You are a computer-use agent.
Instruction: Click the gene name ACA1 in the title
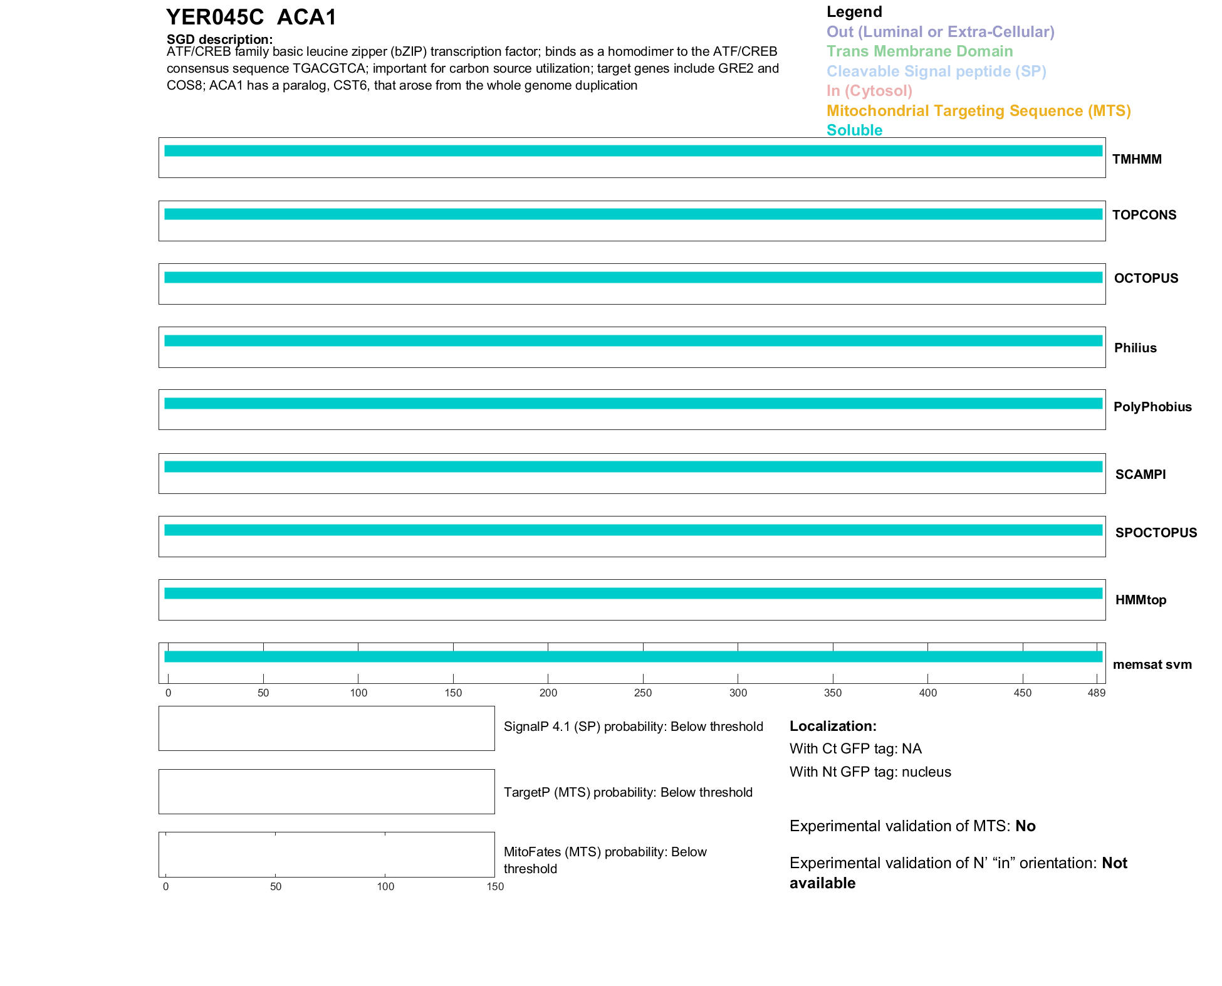[x=306, y=18]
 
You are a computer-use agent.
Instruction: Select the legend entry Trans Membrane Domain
[x=919, y=51]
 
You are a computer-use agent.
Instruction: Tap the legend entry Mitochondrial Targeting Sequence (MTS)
[x=978, y=111]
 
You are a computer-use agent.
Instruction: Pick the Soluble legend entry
[x=854, y=130]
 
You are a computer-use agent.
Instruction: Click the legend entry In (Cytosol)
[x=869, y=91]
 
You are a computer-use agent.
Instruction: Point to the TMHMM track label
[x=1137, y=159]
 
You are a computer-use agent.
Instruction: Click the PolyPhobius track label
[x=1152, y=407]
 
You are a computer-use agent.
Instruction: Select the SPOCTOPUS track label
[x=1156, y=533]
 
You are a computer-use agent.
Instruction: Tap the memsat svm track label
[x=1152, y=664]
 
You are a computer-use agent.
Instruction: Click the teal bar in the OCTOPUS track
[x=633, y=278]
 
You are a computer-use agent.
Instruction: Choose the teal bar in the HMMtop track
[x=633, y=593]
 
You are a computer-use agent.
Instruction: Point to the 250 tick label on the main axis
[x=643, y=693]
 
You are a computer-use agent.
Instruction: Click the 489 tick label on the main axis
[x=1096, y=693]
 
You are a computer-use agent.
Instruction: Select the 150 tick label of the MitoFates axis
[x=495, y=886]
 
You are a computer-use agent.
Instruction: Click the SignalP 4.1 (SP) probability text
[x=633, y=726]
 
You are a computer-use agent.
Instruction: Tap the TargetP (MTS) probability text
[x=628, y=792]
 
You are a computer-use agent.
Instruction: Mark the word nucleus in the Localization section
[x=926, y=772]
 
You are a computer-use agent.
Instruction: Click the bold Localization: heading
[x=833, y=726]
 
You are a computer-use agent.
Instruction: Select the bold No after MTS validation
[x=1025, y=826]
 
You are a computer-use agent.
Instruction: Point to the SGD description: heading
[x=219, y=39]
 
